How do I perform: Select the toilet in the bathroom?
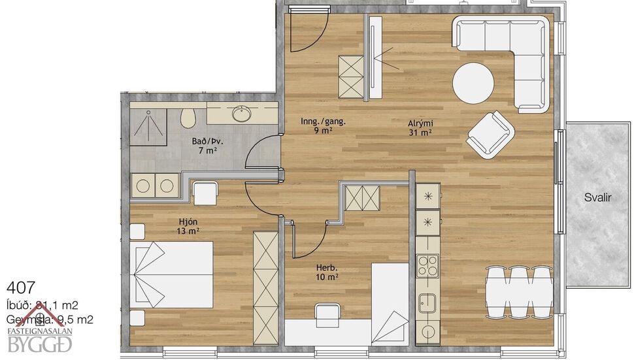188,118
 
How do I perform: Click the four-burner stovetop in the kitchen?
428,265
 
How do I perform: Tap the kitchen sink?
428,303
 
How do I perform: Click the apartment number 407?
20,287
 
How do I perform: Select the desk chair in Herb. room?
327,314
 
